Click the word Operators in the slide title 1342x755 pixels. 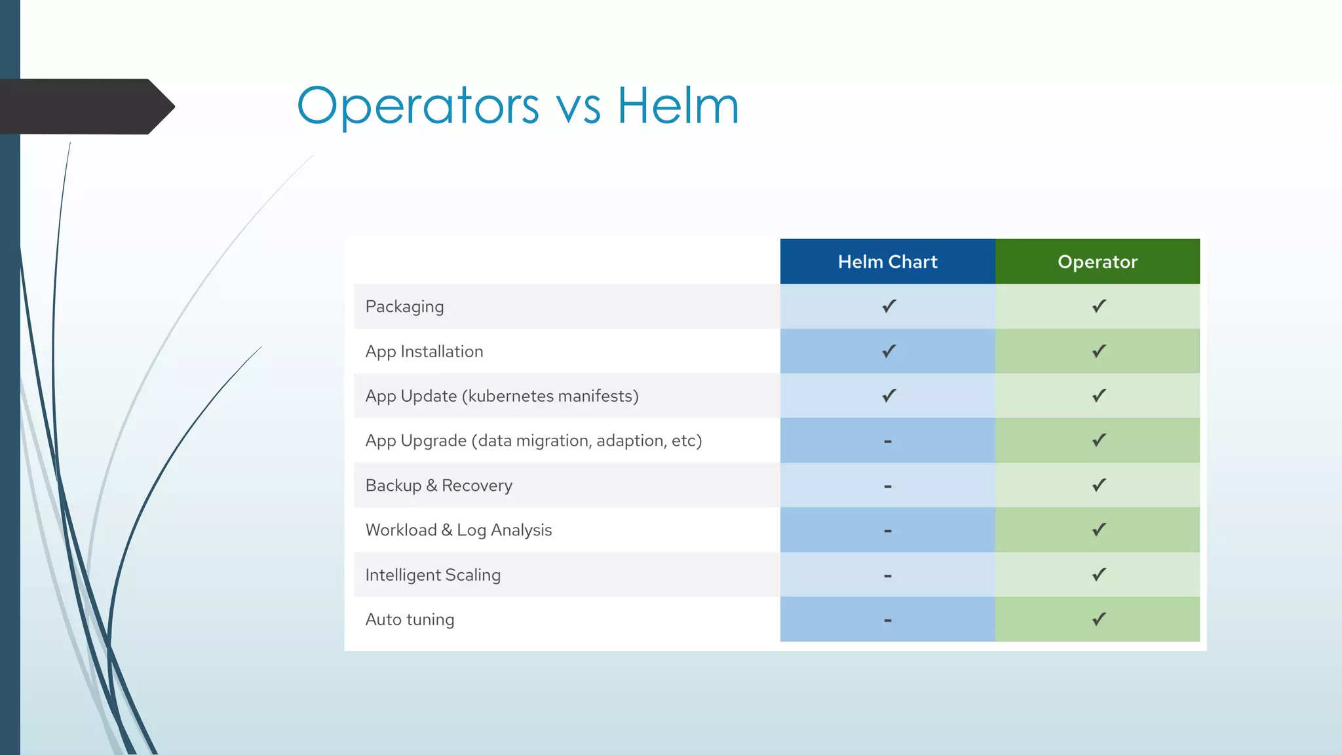(x=418, y=106)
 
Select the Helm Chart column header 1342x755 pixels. (x=887, y=261)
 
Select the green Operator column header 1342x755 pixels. (x=1097, y=261)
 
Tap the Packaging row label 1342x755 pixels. (x=404, y=307)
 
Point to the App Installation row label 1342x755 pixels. (x=424, y=352)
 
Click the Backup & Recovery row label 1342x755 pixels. (x=438, y=486)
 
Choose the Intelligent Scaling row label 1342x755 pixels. (x=432, y=575)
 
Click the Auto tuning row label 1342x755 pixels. (x=410, y=619)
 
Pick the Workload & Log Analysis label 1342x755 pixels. (x=458, y=530)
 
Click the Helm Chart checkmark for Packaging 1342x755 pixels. (x=889, y=306)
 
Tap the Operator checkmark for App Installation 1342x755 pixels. (x=1099, y=351)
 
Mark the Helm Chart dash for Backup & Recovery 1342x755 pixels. (x=887, y=486)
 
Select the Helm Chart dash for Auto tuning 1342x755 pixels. (x=887, y=620)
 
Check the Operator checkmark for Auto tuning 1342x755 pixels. (x=1099, y=619)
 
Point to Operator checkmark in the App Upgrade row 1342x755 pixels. (x=1099, y=440)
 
